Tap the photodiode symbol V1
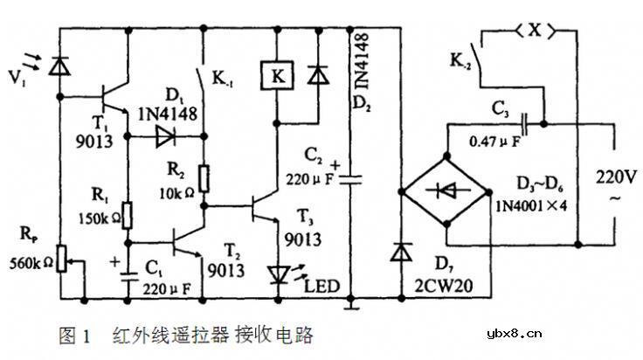pos(59,65)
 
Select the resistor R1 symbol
pos(127,214)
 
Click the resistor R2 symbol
pos(204,178)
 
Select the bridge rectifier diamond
pos(445,190)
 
